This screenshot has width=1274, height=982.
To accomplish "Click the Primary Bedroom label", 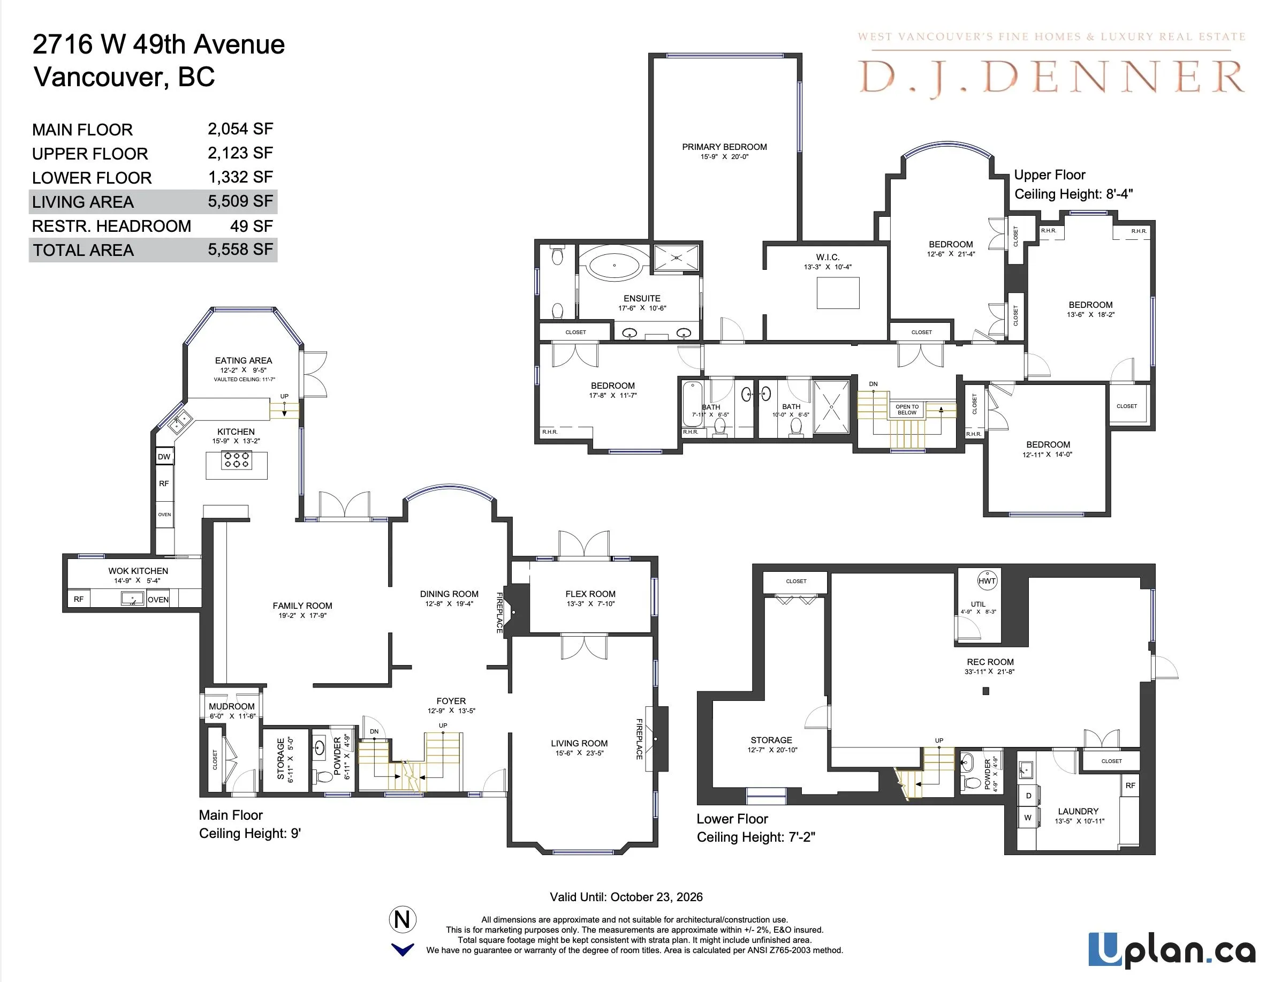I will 724,147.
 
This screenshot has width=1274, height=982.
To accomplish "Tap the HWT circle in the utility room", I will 987,580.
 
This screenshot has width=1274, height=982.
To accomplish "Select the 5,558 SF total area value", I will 240,250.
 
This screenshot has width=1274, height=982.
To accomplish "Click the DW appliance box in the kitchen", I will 164,457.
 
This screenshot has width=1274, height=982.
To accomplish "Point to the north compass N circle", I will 403,919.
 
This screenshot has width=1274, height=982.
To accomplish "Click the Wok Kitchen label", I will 138,571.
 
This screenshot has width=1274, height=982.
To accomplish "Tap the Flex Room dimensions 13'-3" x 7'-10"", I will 590,604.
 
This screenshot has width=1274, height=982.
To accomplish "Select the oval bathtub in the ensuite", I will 615,266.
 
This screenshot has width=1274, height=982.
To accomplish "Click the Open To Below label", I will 907,410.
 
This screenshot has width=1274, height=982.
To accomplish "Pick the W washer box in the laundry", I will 1028,818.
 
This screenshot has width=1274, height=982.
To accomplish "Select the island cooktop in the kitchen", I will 236,460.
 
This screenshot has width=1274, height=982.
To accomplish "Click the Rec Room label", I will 990,662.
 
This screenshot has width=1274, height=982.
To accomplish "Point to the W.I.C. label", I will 827,258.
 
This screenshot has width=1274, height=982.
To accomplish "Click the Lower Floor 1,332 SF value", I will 240,177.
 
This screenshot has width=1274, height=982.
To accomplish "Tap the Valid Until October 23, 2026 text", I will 626,897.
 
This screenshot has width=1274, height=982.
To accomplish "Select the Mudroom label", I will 232,706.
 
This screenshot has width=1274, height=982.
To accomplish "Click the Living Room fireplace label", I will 639,739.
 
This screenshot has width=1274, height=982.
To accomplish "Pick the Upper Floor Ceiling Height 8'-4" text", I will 1073,194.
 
